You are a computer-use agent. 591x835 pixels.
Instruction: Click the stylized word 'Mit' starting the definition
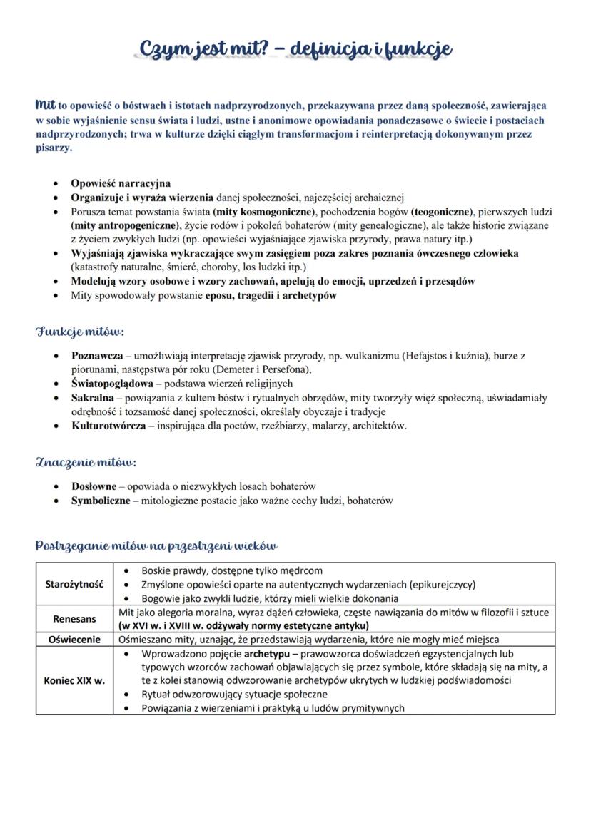pos(46,105)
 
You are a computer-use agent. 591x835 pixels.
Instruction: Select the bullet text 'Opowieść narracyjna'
pos(120,183)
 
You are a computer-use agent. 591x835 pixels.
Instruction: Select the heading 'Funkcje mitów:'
pos(79,332)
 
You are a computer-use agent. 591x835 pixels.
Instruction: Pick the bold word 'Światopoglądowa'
pos(112,384)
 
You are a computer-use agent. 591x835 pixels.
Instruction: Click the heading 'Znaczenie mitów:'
pos(86,462)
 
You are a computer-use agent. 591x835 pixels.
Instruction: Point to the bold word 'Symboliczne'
pos(101,501)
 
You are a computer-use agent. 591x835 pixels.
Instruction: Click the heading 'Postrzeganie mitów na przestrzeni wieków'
pos(156,545)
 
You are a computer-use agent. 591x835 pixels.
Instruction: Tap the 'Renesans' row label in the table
pos(75,619)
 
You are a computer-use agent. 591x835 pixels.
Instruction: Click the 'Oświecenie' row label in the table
pos(75,640)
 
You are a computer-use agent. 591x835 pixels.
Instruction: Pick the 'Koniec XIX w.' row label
pos(75,680)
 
